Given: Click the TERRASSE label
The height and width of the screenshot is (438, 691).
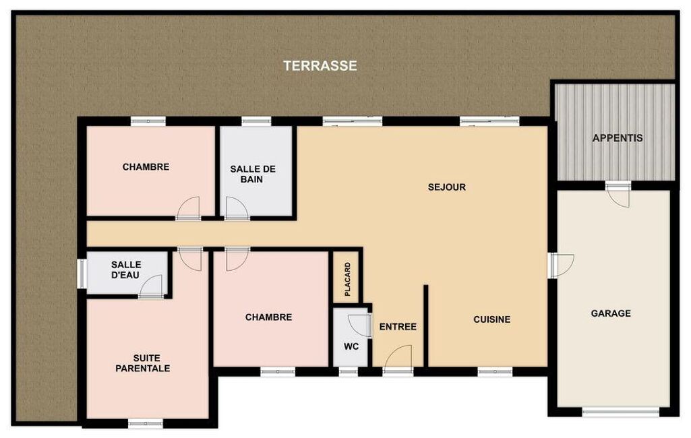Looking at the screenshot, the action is (320, 65).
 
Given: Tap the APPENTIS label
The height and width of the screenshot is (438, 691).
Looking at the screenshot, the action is (618, 138).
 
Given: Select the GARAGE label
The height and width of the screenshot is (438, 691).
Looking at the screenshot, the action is (611, 313).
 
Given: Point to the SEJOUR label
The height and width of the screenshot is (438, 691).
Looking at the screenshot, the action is (447, 187).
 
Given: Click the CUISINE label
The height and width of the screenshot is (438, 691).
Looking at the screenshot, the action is (492, 319).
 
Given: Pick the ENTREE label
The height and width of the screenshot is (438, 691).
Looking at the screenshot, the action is (398, 327).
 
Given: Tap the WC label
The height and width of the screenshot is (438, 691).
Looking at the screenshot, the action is (351, 346).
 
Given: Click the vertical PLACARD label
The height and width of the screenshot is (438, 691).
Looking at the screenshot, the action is (348, 280).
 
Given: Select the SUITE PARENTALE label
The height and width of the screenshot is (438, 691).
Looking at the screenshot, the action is (143, 363).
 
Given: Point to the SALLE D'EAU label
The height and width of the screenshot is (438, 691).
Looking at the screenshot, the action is (125, 270).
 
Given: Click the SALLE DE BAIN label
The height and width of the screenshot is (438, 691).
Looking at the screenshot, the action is (253, 174).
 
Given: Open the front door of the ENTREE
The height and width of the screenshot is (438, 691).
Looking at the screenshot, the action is (398, 360).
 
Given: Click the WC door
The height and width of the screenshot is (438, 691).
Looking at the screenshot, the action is (360, 325).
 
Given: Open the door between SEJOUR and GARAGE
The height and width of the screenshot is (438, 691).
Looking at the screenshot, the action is (561, 265).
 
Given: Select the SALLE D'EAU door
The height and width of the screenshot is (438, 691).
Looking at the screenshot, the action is (151, 286).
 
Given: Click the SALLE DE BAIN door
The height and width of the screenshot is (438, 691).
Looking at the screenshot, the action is (237, 208).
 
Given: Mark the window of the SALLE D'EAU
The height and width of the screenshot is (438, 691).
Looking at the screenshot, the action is (82, 274).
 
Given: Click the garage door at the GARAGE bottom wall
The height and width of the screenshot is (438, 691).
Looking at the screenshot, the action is (620, 412).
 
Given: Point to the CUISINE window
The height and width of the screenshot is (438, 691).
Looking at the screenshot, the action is (494, 372).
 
